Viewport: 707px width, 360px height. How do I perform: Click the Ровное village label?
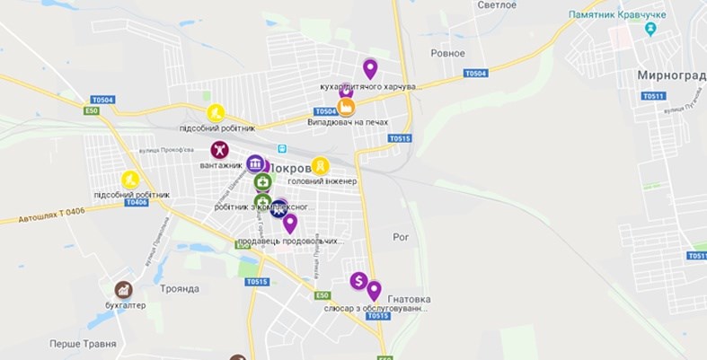tap(447, 53)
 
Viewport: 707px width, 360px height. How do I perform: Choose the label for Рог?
tap(401, 237)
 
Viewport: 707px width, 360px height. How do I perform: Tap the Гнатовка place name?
tap(409, 299)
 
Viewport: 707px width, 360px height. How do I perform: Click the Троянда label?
tap(180, 288)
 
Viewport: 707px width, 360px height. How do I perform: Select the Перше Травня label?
tap(84, 344)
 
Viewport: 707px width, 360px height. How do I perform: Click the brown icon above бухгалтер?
tap(124, 290)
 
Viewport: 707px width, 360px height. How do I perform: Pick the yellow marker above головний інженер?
tap(321, 166)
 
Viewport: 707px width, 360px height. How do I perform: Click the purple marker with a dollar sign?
tap(358, 281)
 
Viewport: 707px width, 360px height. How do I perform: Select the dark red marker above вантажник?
tap(219, 150)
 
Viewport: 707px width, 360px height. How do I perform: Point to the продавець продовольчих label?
tap(290, 241)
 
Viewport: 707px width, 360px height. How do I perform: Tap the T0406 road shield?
tap(137, 202)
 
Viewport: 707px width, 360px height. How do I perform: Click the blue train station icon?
tap(282, 149)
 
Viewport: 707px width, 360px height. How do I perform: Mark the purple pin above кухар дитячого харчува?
tap(369, 68)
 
